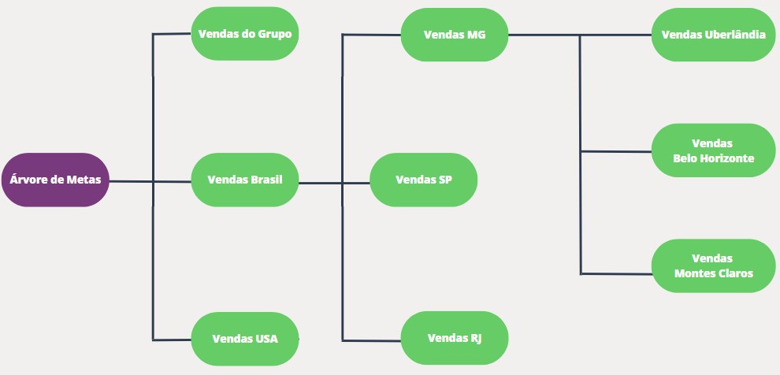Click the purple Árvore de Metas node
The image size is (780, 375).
[x=54, y=180]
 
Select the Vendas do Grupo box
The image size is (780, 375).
[x=245, y=34]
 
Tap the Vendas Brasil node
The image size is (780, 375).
[x=245, y=180]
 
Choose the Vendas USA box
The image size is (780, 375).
[x=245, y=339]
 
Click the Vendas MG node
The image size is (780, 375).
[x=455, y=35]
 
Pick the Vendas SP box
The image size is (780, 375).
[x=423, y=180]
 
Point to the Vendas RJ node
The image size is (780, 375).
[x=455, y=338]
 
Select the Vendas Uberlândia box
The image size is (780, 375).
[x=713, y=35]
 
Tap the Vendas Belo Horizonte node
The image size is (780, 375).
[x=713, y=150]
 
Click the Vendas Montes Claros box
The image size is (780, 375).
[x=713, y=265]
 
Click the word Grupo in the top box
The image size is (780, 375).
[x=275, y=35]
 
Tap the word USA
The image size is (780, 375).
[x=266, y=339]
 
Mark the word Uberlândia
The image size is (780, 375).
[x=735, y=35]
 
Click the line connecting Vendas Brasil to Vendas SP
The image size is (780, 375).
[x=334, y=183]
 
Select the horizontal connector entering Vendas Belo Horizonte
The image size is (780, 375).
[x=616, y=151]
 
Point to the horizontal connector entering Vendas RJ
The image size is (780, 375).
[x=372, y=340]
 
